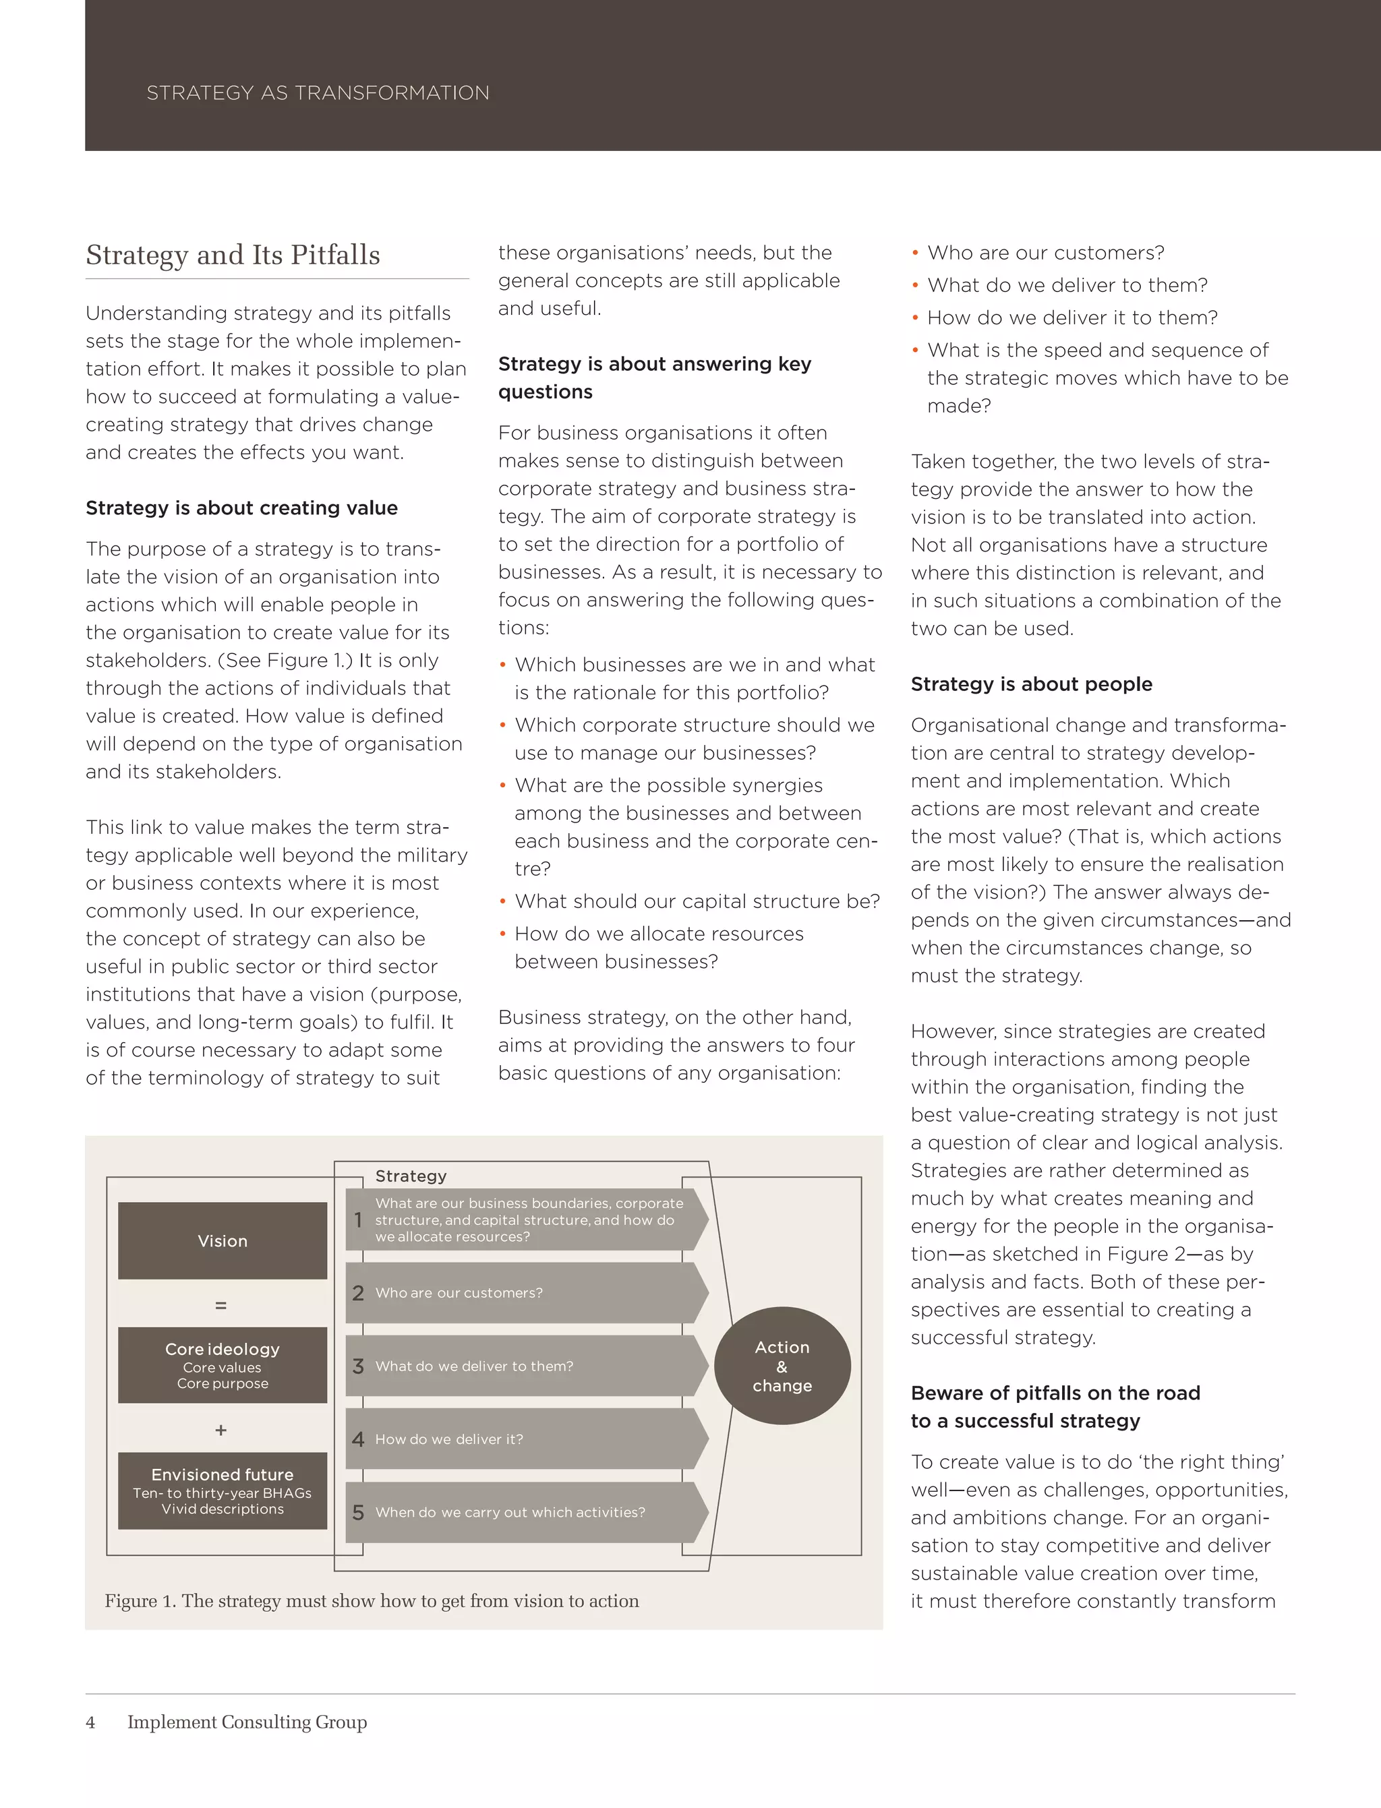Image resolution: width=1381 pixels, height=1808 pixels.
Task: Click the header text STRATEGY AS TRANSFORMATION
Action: click(318, 93)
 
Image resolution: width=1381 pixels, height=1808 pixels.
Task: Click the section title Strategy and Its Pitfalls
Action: click(233, 255)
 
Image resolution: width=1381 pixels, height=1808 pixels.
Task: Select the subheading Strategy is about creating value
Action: click(241, 508)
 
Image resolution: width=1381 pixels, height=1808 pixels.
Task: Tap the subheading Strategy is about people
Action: click(1031, 684)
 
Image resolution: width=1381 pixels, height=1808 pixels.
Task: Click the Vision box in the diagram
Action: click(222, 1241)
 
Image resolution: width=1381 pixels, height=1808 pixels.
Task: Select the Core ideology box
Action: click(222, 1365)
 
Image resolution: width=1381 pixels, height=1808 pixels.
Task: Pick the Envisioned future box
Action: click(222, 1490)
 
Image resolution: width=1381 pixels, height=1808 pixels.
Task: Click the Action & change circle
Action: click(782, 1366)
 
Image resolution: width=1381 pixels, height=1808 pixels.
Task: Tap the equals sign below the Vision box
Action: click(221, 1305)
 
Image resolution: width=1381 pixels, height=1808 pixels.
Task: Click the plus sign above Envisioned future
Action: click(221, 1430)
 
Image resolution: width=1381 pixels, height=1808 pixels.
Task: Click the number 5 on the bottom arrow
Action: click(357, 1512)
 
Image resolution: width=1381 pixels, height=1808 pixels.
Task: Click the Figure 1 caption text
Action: click(372, 1601)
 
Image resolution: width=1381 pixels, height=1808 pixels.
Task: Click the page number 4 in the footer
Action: click(90, 1722)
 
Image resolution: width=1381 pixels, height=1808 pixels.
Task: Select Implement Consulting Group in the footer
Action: click(247, 1722)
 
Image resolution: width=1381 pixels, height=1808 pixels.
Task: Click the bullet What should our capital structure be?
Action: click(697, 901)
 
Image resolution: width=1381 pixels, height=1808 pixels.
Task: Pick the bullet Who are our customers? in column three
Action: click(1046, 252)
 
